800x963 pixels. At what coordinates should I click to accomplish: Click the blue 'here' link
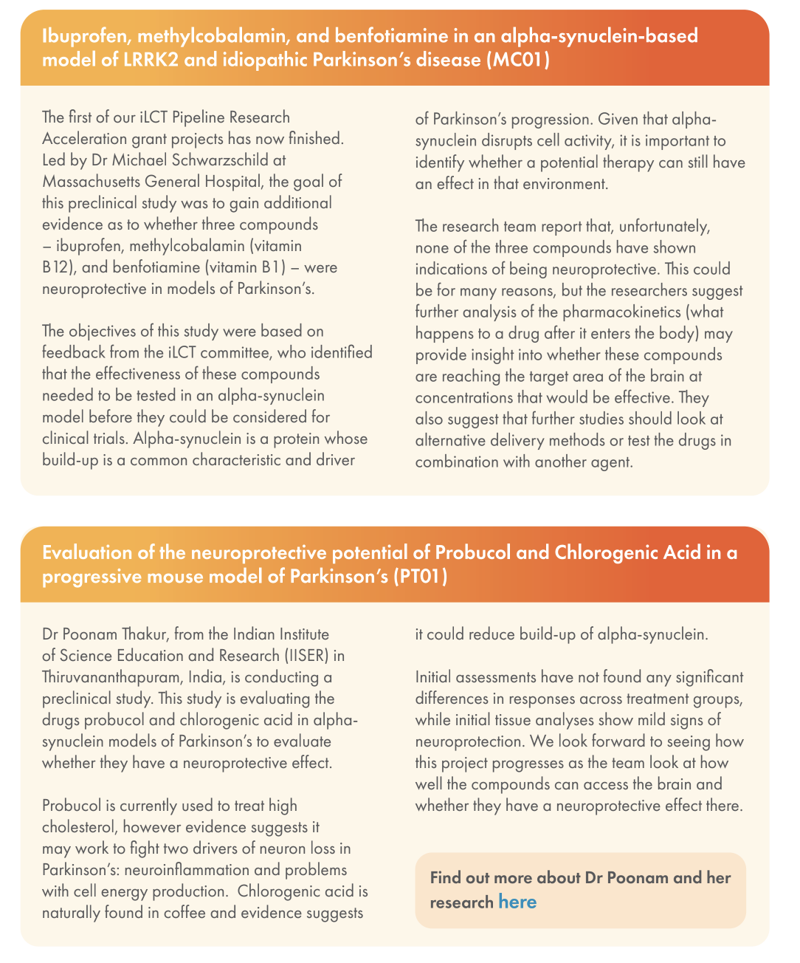point(517,902)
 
